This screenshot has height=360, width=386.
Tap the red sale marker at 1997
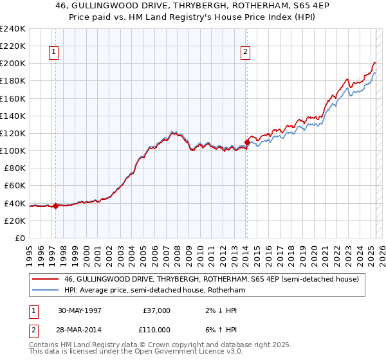pyautogui.click(x=56, y=206)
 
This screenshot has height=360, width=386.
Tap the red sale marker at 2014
pyautogui.click(x=247, y=142)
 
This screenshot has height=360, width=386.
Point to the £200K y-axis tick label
pyautogui.click(x=13, y=64)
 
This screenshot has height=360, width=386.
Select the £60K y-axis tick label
pyautogui.click(x=15, y=185)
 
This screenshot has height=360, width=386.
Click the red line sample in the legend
pyautogui.click(x=45, y=278)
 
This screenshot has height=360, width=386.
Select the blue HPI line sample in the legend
pyautogui.click(x=45, y=290)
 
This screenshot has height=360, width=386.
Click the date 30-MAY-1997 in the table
pyautogui.click(x=80, y=310)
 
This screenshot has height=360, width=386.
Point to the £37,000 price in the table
pyautogui.click(x=156, y=310)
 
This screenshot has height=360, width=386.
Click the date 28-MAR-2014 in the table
pyautogui.click(x=80, y=329)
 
